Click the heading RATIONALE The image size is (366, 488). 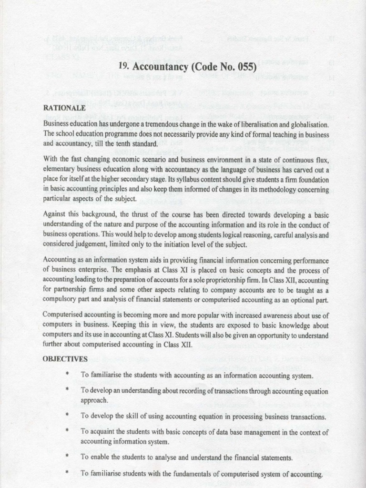64,108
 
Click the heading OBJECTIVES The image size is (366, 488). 65,358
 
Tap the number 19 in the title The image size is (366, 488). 123,67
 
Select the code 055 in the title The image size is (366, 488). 244,67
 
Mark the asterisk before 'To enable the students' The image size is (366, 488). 68,457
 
